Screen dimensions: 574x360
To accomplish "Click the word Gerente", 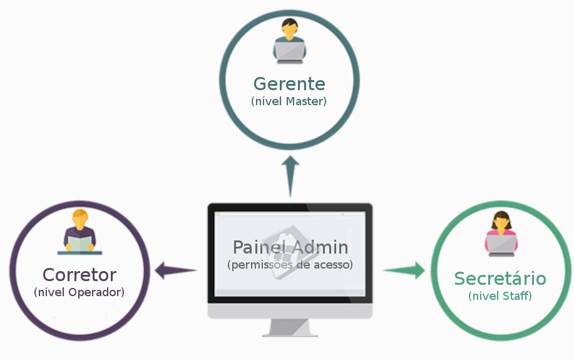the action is pyautogui.click(x=289, y=84).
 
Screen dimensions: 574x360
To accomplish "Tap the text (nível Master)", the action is pyautogui.click(x=289, y=101).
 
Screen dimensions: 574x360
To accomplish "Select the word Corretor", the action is pyautogui.click(x=79, y=275).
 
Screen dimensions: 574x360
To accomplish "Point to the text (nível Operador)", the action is pyautogui.click(x=79, y=292).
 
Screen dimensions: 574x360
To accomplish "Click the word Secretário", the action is pyautogui.click(x=500, y=278).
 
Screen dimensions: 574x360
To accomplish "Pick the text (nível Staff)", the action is pyautogui.click(x=500, y=296).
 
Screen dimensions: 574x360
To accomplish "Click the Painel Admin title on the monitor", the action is pyautogui.click(x=290, y=247).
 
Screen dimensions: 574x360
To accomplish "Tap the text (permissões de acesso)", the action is pyautogui.click(x=290, y=264).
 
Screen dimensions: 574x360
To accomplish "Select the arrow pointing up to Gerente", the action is pyautogui.click(x=290, y=177).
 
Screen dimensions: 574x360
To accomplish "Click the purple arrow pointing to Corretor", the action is pyautogui.click(x=175, y=270).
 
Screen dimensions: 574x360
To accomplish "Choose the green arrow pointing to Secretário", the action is pyautogui.click(x=404, y=270).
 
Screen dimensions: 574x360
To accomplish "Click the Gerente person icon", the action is pyautogui.click(x=289, y=41).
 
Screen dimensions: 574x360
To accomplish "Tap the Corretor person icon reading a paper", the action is pyautogui.click(x=79, y=232).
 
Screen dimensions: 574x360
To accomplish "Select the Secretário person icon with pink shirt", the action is pyautogui.click(x=501, y=234).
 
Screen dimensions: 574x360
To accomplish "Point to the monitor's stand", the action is pyautogui.click(x=290, y=327).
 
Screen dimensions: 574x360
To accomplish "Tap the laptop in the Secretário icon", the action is pyautogui.click(x=501, y=245).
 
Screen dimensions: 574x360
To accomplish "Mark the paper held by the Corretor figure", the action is pyautogui.click(x=79, y=244).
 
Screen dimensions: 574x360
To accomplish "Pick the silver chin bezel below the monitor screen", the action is pyautogui.click(x=290, y=311).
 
